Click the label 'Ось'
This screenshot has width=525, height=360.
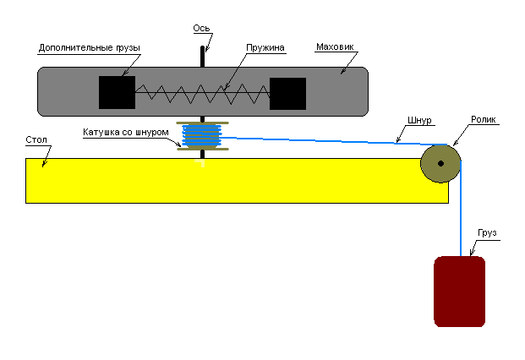(201, 28)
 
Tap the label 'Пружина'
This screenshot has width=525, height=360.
(265, 47)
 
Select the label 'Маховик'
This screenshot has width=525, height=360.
(334, 47)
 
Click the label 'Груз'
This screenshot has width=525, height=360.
(487, 232)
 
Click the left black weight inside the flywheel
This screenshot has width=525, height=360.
(117, 93)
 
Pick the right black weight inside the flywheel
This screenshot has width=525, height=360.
(287, 93)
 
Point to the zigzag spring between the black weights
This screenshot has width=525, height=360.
(202, 91)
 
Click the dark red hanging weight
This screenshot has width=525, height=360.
(459, 292)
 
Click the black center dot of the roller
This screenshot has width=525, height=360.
(440, 163)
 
